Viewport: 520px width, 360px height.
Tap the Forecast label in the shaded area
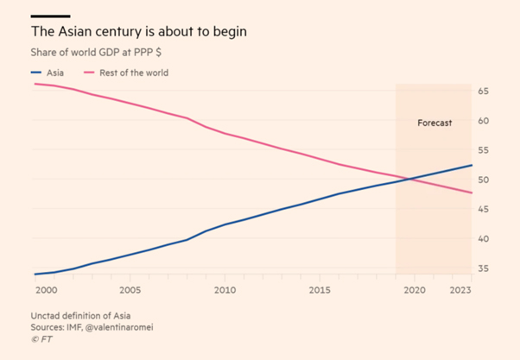(x=434, y=123)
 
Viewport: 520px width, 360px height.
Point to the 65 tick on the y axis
(x=483, y=91)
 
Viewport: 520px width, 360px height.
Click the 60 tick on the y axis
(x=483, y=120)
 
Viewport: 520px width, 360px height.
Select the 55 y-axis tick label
(x=483, y=150)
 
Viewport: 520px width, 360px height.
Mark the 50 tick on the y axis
(x=483, y=180)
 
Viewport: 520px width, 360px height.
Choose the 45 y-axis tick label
(x=483, y=209)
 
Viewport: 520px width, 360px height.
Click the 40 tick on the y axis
(x=483, y=239)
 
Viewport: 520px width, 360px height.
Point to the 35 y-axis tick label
(x=483, y=268)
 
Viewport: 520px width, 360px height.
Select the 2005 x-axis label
(x=130, y=290)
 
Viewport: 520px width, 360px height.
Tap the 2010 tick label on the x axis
(x=225, y=290)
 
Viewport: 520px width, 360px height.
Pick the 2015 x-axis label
(x=319, y=290)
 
